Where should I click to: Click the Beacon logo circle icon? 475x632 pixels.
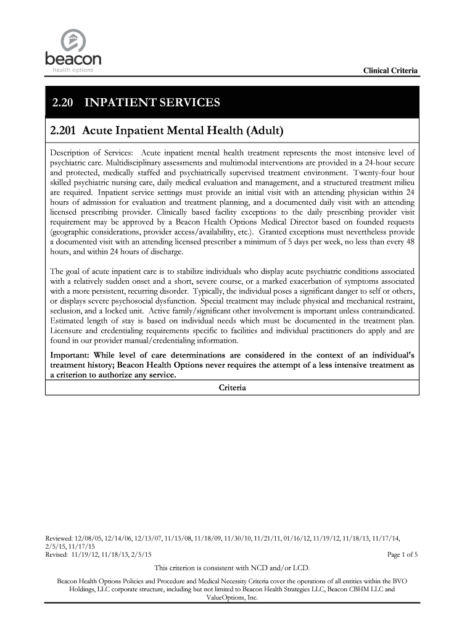click(x=72, y=41)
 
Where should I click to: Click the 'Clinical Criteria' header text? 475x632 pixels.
click(x=390, y=72)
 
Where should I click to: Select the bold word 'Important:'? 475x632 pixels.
click(x=70, y=355)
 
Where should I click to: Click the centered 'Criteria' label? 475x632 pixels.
click(x=233, y=388)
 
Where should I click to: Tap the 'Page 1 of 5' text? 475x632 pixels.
click(x=402, y=555)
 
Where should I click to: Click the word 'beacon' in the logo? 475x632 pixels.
click(x=72, y=62)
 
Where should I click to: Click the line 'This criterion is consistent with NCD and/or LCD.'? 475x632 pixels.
click(x=231, y=568)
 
